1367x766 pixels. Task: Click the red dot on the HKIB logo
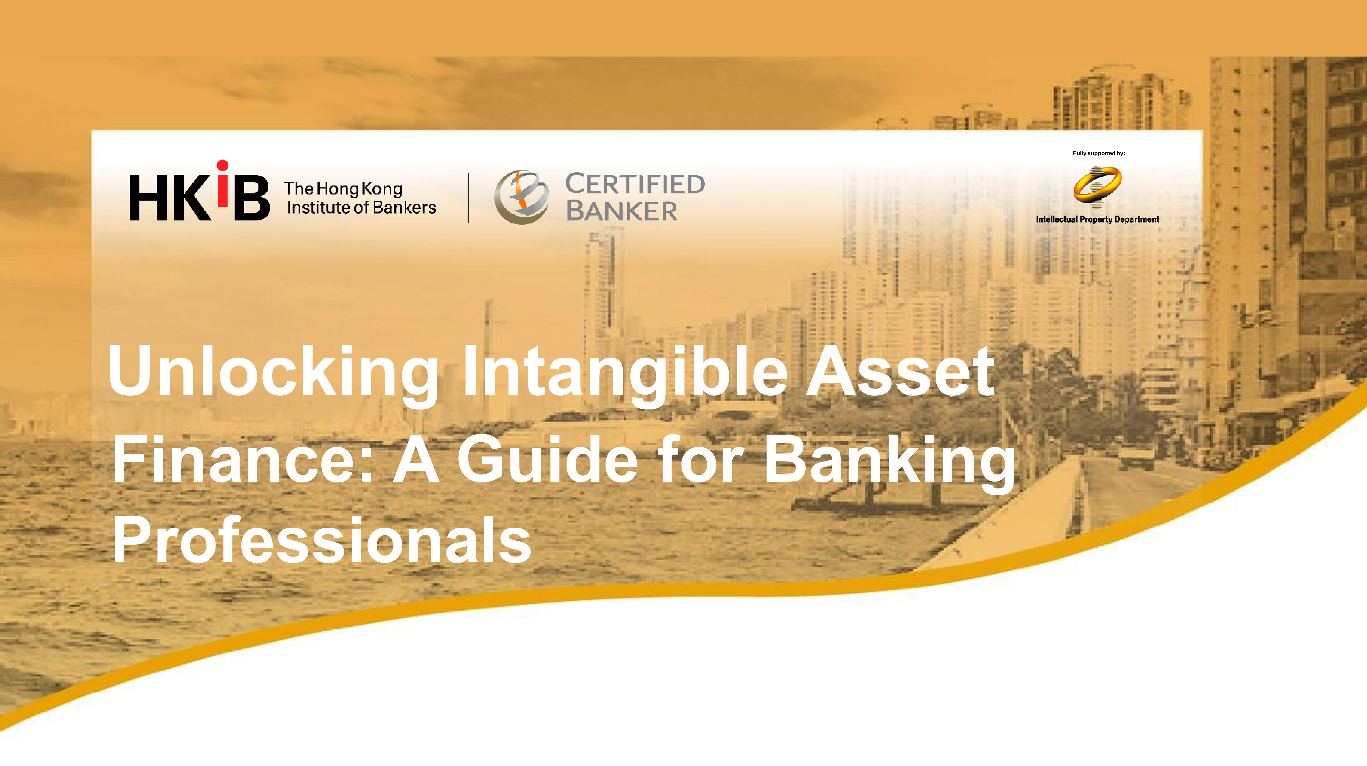(223, 165)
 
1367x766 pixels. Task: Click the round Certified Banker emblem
(521, 197)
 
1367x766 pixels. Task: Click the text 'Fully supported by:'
(1098, 154)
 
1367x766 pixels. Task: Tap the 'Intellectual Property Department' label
(1097, 219)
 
